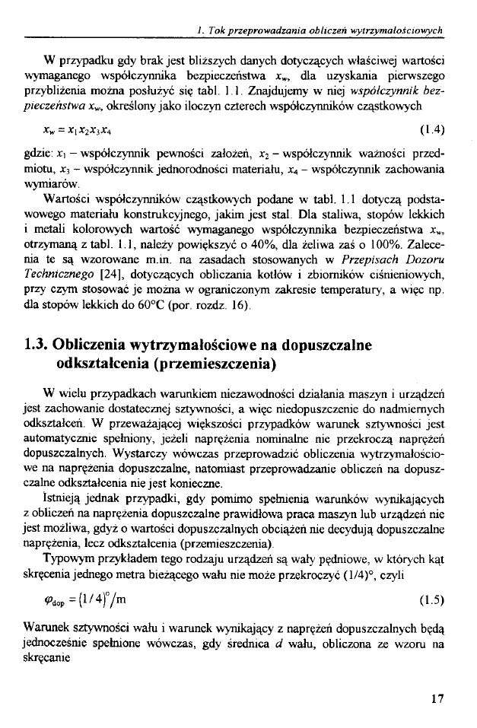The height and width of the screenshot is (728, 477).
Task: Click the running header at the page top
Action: (x=320, y=30)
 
